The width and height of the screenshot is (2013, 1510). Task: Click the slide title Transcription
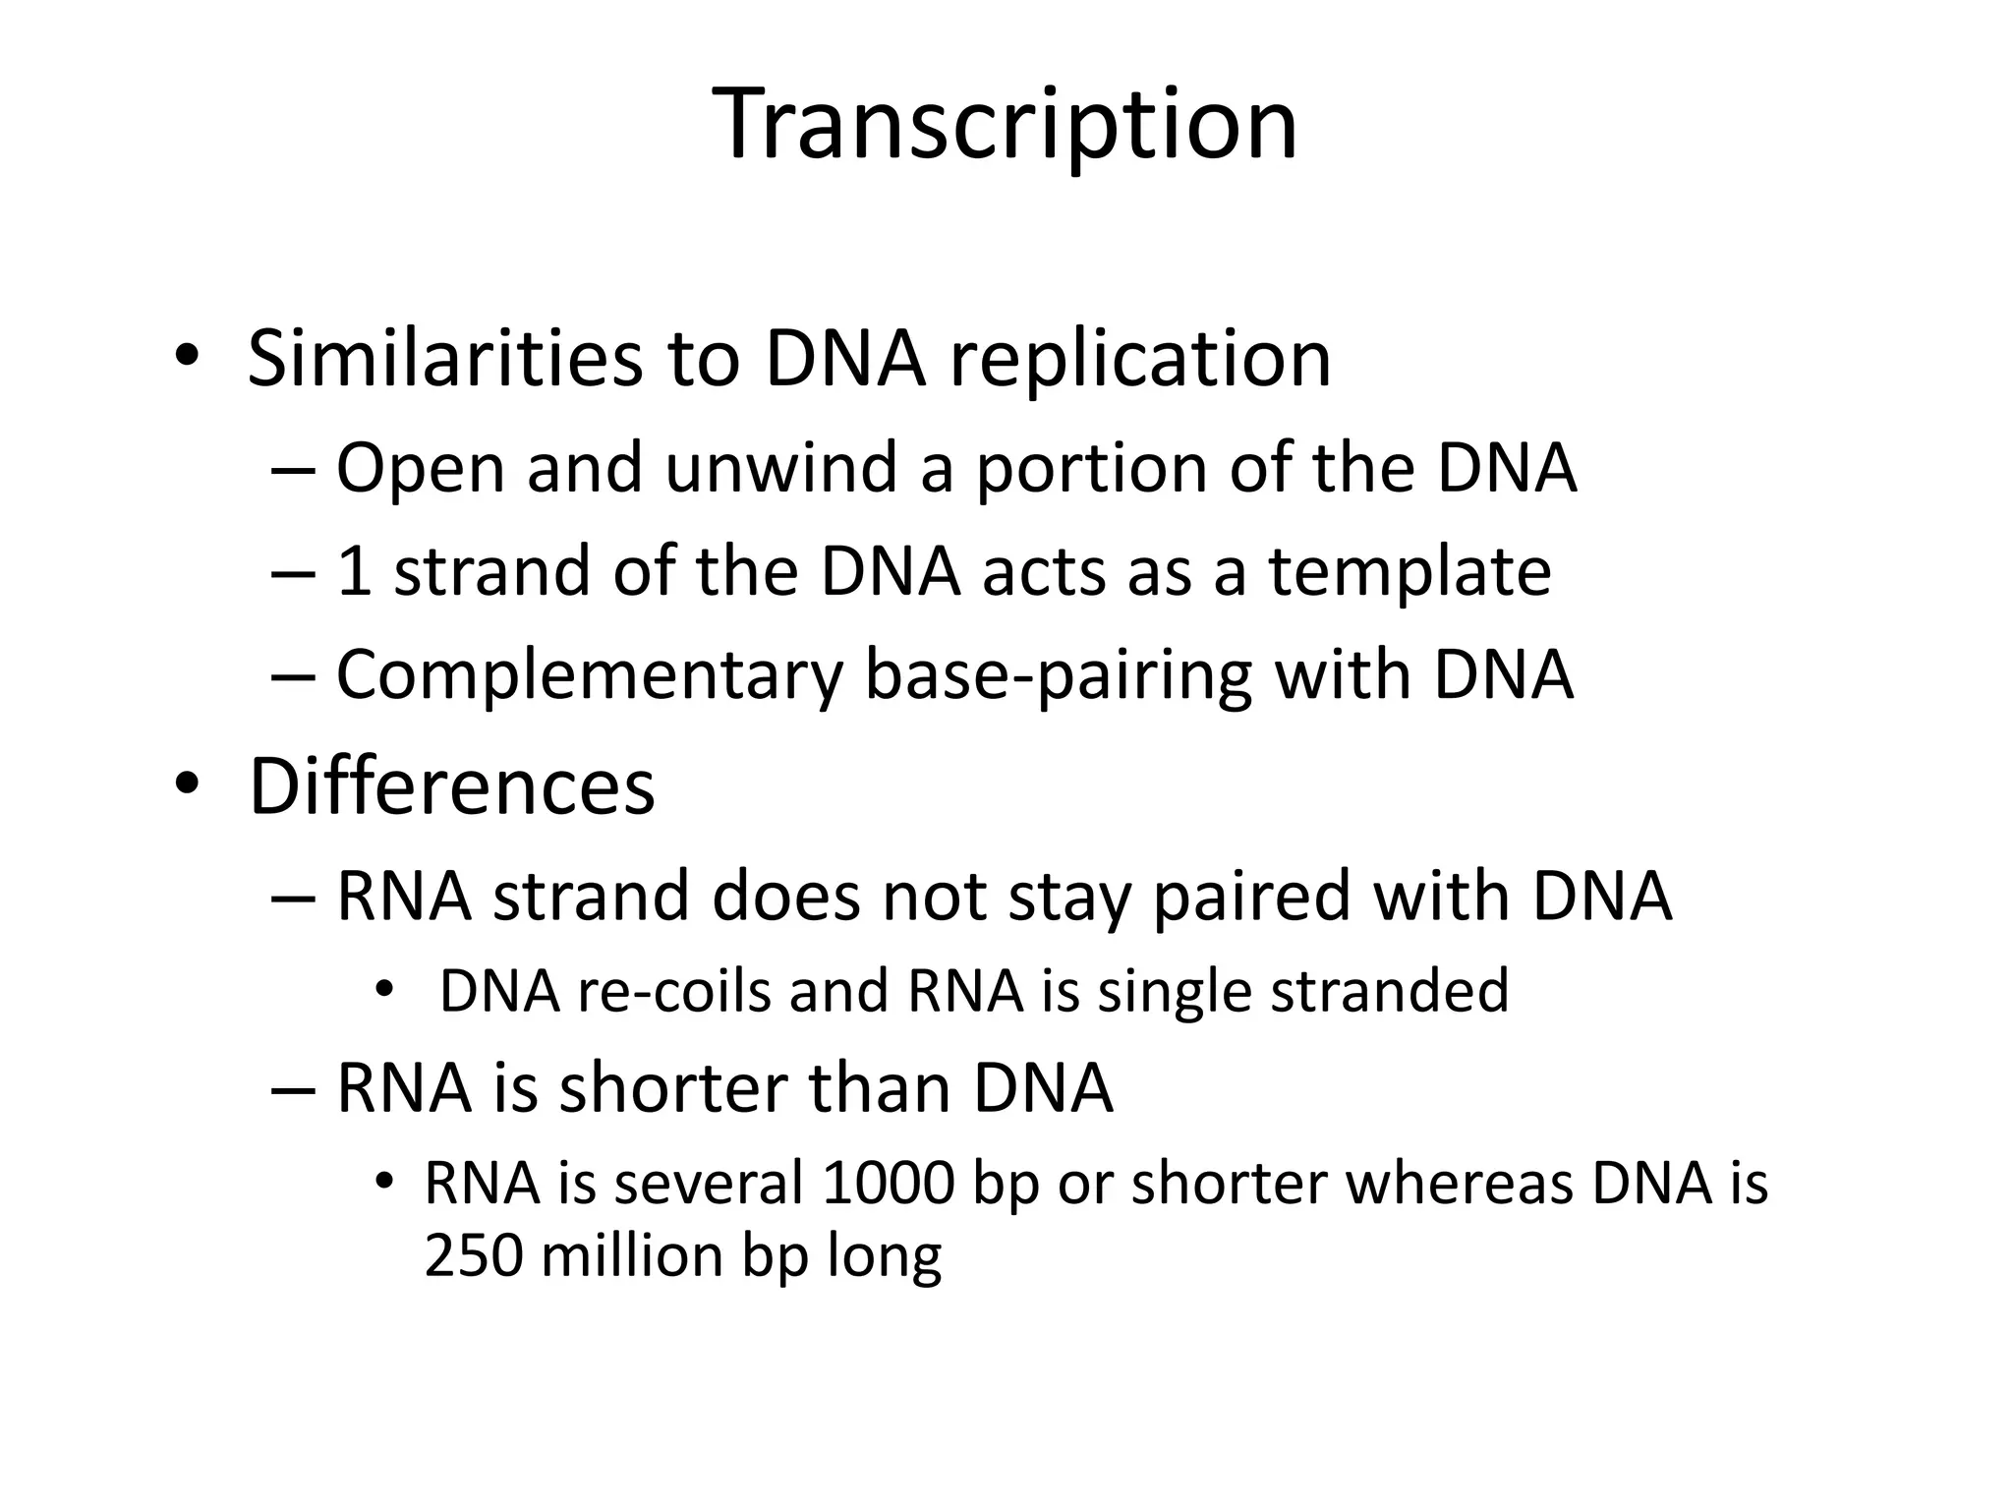[1005, 125]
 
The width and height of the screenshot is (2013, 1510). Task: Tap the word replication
[1139, 361]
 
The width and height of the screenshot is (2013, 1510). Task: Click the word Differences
[451, 786]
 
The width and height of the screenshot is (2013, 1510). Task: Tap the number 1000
[888, 1183]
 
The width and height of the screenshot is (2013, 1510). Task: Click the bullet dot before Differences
[188, 784]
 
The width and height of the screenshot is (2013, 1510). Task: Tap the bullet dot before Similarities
[188, 356]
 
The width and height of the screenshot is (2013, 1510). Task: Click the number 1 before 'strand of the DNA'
[354, 572]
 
